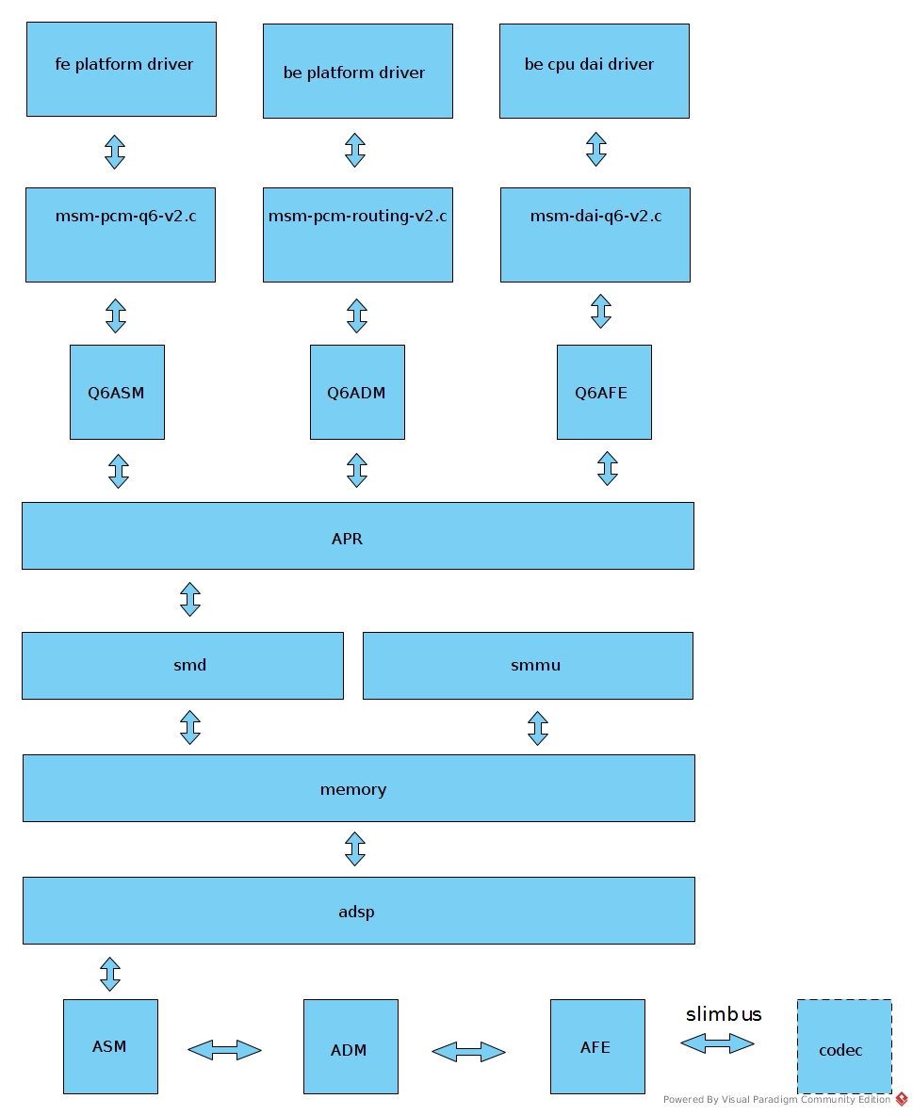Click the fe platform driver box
point(122,70)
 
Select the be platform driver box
point(357,72)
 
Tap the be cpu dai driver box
point(594,72)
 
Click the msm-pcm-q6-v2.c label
point(125,217)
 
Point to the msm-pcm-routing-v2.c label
point(357,217)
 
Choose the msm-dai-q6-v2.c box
point(595,234)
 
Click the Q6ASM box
point(117,392)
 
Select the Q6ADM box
point(357,392)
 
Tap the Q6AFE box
point(603,392)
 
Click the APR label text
point(347,540)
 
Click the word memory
point(353,790)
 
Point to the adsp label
point(356,913)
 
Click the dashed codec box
point(844,1046)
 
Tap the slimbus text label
point(724,1015)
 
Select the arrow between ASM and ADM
point(224,1050)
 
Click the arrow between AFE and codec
point(717,1043)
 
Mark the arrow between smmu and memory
point(538,728)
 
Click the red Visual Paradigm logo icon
point(902,1099)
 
